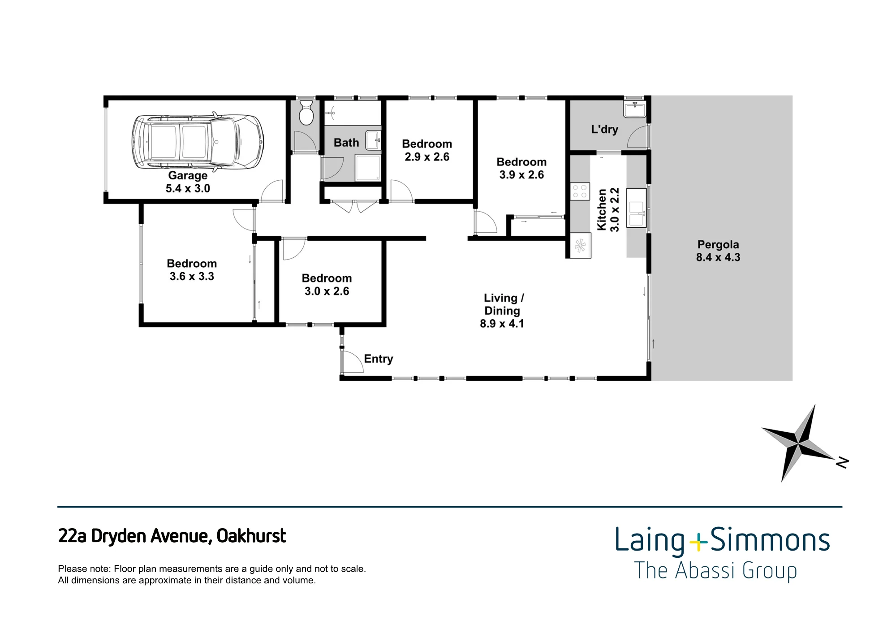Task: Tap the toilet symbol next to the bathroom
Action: point(306,113)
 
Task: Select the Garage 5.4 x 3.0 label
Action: point(188,182)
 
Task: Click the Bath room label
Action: point(346,143)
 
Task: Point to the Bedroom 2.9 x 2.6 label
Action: point(427,150)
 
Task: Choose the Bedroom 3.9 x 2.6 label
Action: point(521,168)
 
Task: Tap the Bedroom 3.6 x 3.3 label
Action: point(192,270)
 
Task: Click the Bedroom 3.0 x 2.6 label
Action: point(327,285)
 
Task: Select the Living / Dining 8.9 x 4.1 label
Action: point(502,311)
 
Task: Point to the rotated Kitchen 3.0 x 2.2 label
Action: point(608,209)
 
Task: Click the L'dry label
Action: point(604,129)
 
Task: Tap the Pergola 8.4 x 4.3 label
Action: point(718,251)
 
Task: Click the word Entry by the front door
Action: point(379,359)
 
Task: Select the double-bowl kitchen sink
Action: point(637,208)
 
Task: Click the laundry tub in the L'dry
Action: point(635,110)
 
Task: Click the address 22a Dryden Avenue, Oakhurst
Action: point(172,536)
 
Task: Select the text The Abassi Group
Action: point(715,571)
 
